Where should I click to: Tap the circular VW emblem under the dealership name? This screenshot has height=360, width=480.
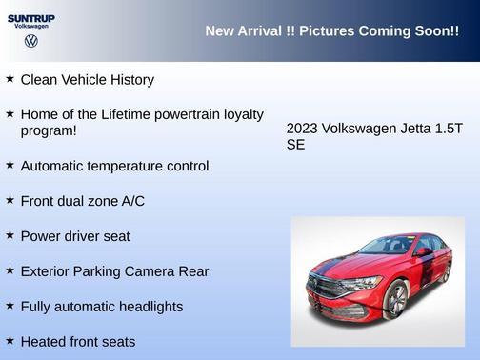coord(30,42)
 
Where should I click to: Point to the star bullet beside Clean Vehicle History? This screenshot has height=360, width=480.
coord(10,79)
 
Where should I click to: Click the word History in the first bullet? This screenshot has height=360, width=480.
coord(129,80)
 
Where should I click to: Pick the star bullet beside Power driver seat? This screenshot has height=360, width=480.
coord(10,235)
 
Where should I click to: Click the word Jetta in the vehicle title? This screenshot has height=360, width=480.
coord(406,129)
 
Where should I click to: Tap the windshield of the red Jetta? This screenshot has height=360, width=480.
coord(388,246)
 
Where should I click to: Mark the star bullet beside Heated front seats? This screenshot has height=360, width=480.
coord(10,340)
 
